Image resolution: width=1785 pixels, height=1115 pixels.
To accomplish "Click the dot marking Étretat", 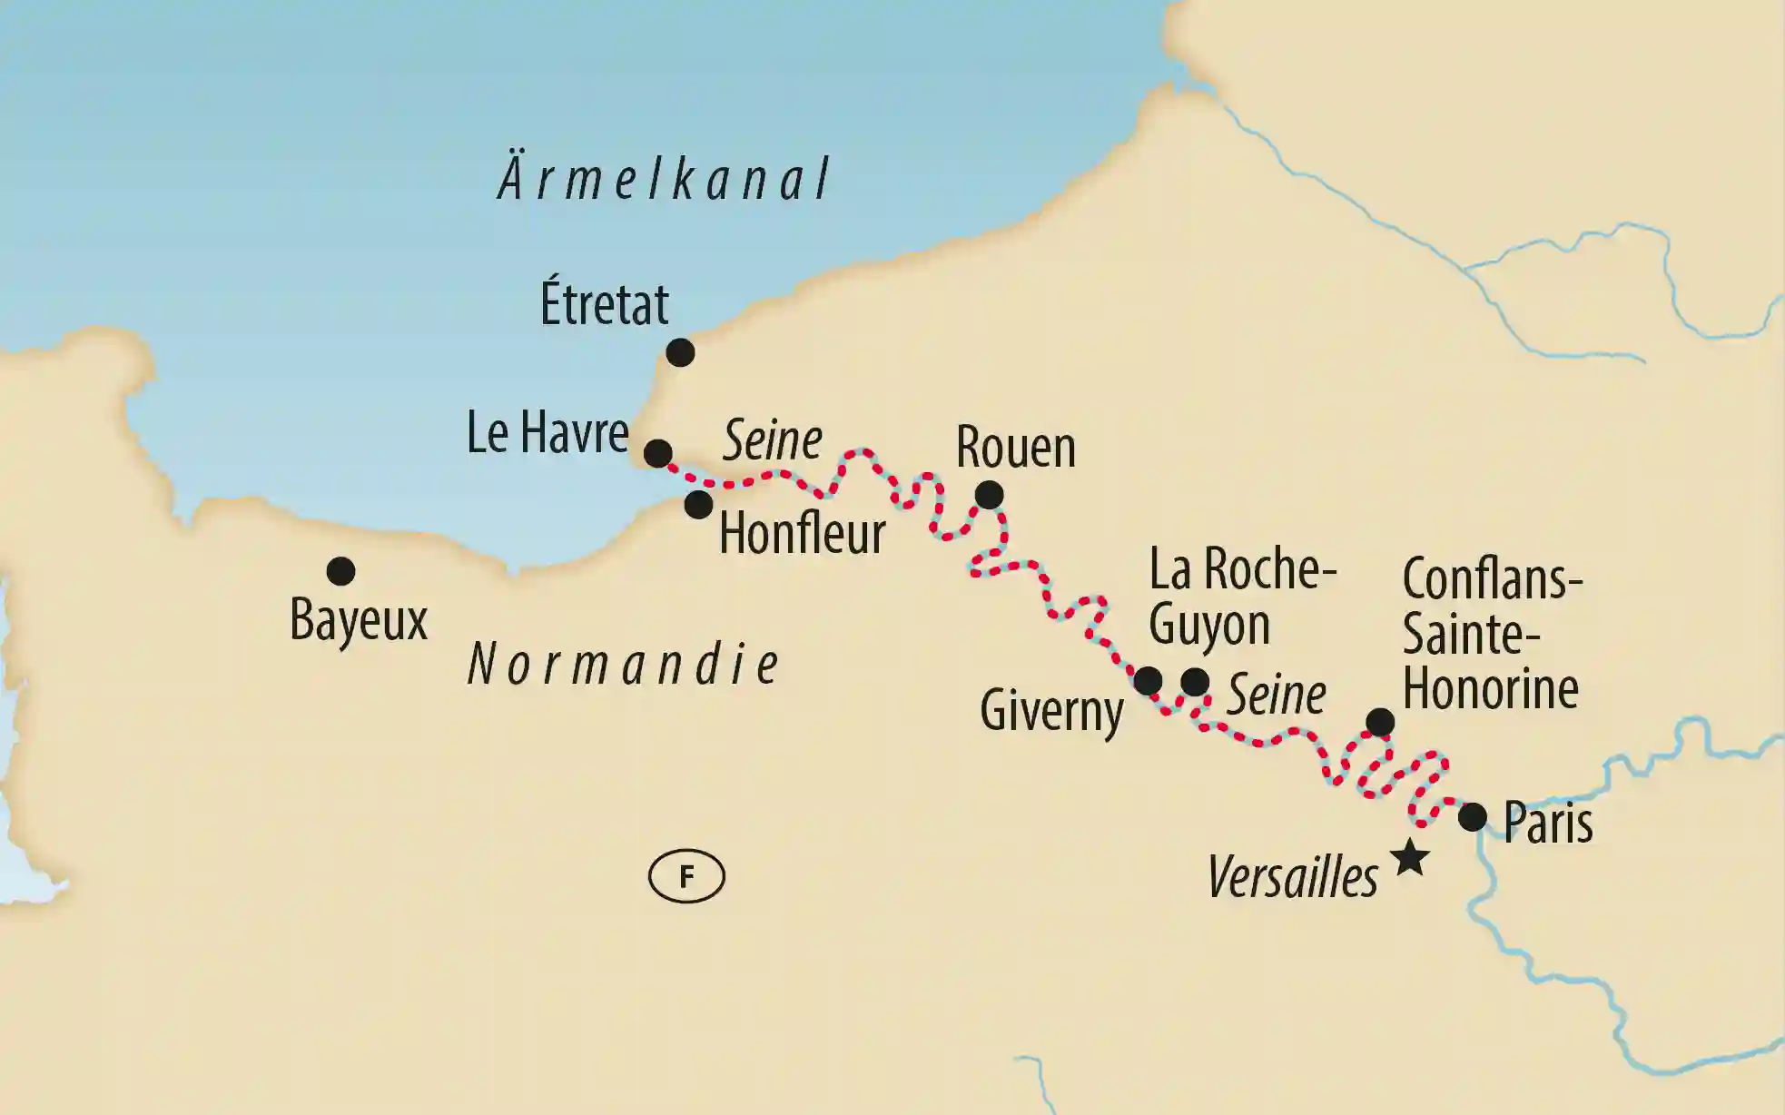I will pos(680,352).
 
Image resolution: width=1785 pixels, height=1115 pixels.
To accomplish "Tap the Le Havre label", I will pos(547,433).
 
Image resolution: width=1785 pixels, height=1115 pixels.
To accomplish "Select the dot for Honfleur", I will pos(697,504).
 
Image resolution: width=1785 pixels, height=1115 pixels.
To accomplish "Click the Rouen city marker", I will pos(989,495).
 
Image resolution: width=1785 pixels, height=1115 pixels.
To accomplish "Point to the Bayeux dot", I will pos(340,571).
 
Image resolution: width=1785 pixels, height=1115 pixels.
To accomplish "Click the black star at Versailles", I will pos(1409,857).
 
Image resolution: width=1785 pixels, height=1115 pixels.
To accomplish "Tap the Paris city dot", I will pos(1472,817).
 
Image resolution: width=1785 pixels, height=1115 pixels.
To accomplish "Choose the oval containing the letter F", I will pos(686,877).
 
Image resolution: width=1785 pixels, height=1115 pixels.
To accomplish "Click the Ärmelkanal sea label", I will pos(664,179).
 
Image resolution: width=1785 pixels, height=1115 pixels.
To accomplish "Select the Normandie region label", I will pos(623,665).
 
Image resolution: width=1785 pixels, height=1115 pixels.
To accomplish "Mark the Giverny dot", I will pos(1148,680).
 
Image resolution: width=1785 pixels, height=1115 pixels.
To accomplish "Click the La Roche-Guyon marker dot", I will pos(1195,681).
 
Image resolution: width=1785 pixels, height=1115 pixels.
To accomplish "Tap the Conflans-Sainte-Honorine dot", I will pos(1380,722).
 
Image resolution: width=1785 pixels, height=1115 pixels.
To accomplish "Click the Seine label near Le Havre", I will pos(772,441).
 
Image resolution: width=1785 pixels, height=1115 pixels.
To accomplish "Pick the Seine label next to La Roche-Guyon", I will pos(1276,696).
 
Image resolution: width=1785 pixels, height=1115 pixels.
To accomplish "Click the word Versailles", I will pos(1292,878).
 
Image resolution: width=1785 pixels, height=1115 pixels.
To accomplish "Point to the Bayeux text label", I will pos(358,621).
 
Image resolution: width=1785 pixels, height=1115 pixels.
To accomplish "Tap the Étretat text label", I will pos(604,304).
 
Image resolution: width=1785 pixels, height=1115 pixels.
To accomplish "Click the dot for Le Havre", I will pos(657,452).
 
